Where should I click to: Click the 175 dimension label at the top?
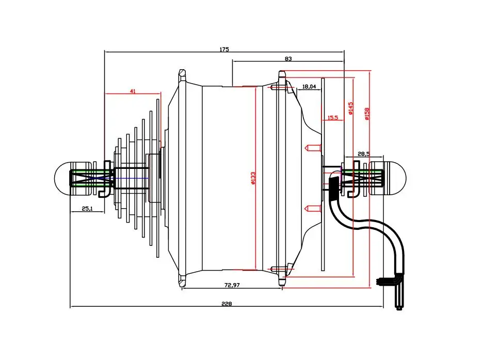pyautogui.click(x=223, y=50)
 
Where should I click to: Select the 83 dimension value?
pyautogui.click(x=288, y=59)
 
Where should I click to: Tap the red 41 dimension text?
pyautogui.click(x=133, y=91)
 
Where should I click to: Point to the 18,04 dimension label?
pyautogui.click(x=309, y=86)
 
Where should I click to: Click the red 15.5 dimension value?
pyautogui.click(x=333, y=118)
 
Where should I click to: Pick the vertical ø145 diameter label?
pyautogui.click(x=351, y=108)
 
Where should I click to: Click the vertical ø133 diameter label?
pyautogui.click(x=253, y=177)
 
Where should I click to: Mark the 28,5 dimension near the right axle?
pyautogui.click(x=364, y=154)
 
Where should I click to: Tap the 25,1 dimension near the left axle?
pyautogui.click(x=87, y=209)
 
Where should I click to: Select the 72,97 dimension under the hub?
pyautogui.click(x=232, y=285)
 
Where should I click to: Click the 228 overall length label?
pyautogui.click(x=227, y=304)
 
